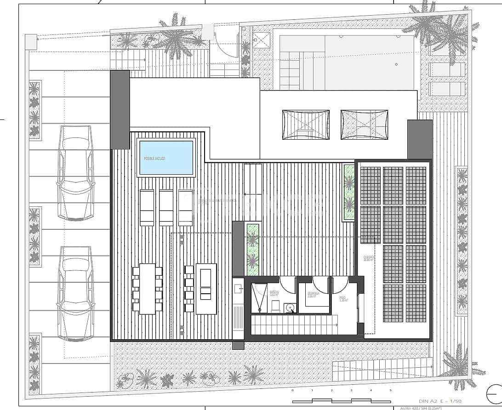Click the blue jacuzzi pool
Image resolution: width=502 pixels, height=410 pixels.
pyautogui.click(x=166, y=158)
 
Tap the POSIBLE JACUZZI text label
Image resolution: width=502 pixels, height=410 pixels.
pyautogui.click(x=154, y=159)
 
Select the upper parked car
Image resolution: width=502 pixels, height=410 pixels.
pyautogui.click(x=77, y=177)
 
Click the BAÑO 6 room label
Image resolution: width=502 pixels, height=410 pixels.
pyautogui.click(x=274, y=293)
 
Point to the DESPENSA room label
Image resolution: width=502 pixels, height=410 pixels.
pyautogui.click(x=314, y=295)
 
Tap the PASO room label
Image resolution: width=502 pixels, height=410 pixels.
pyautogui.click(x=343, y=299)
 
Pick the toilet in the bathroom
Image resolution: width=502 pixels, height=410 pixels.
pyautogui.click(x=276, y=306)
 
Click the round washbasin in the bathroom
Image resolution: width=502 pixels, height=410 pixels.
pyautogui.click(x=290, y=307)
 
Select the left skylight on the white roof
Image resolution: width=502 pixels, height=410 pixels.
pyautogui.click(x=306, y=125)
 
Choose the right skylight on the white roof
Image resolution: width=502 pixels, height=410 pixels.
pyautogui.click(x=364, y=124)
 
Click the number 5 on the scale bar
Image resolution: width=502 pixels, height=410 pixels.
pyautogui.click(x=391, y=390)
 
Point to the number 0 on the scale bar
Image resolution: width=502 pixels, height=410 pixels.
pyautogui.click(x=292, y=390)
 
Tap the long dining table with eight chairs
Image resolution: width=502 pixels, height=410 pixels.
pyautogui.click(x=148, y=288)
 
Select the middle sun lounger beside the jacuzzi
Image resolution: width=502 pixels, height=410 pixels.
pyautogui.click(x=166, y=208)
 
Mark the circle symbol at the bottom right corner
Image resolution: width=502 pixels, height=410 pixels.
pyautogui.click(x=494, y=394)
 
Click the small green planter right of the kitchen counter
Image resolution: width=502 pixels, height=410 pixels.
pyautogui.click(x=252, y=248)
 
